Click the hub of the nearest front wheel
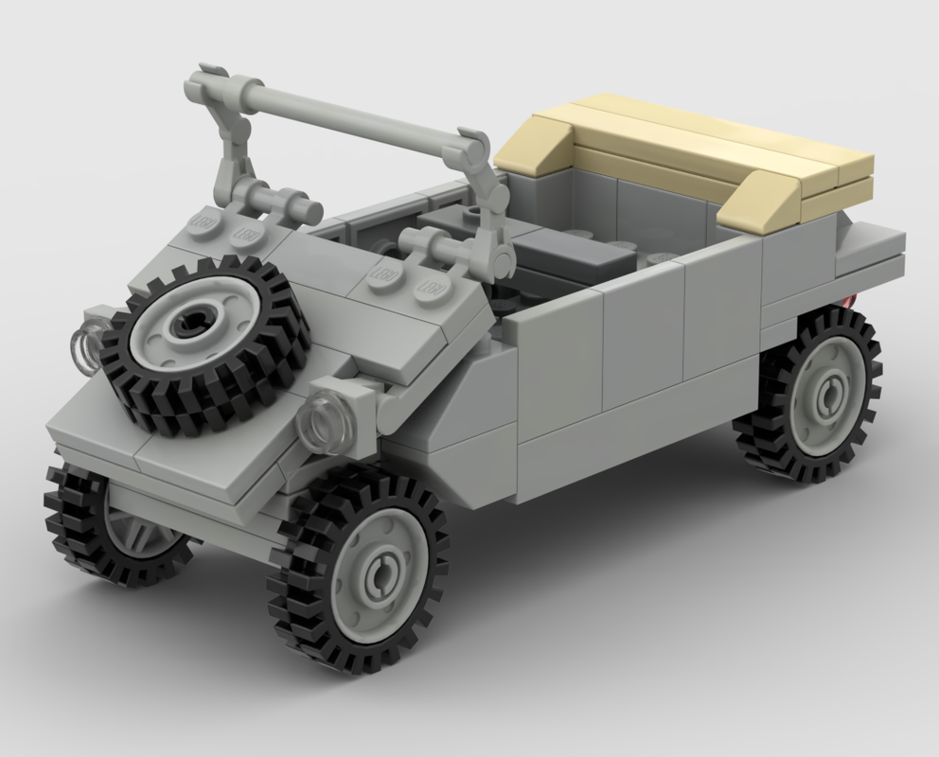(383, 571)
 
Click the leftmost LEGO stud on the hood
(203, 220)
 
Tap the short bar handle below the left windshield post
(275, 199)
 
